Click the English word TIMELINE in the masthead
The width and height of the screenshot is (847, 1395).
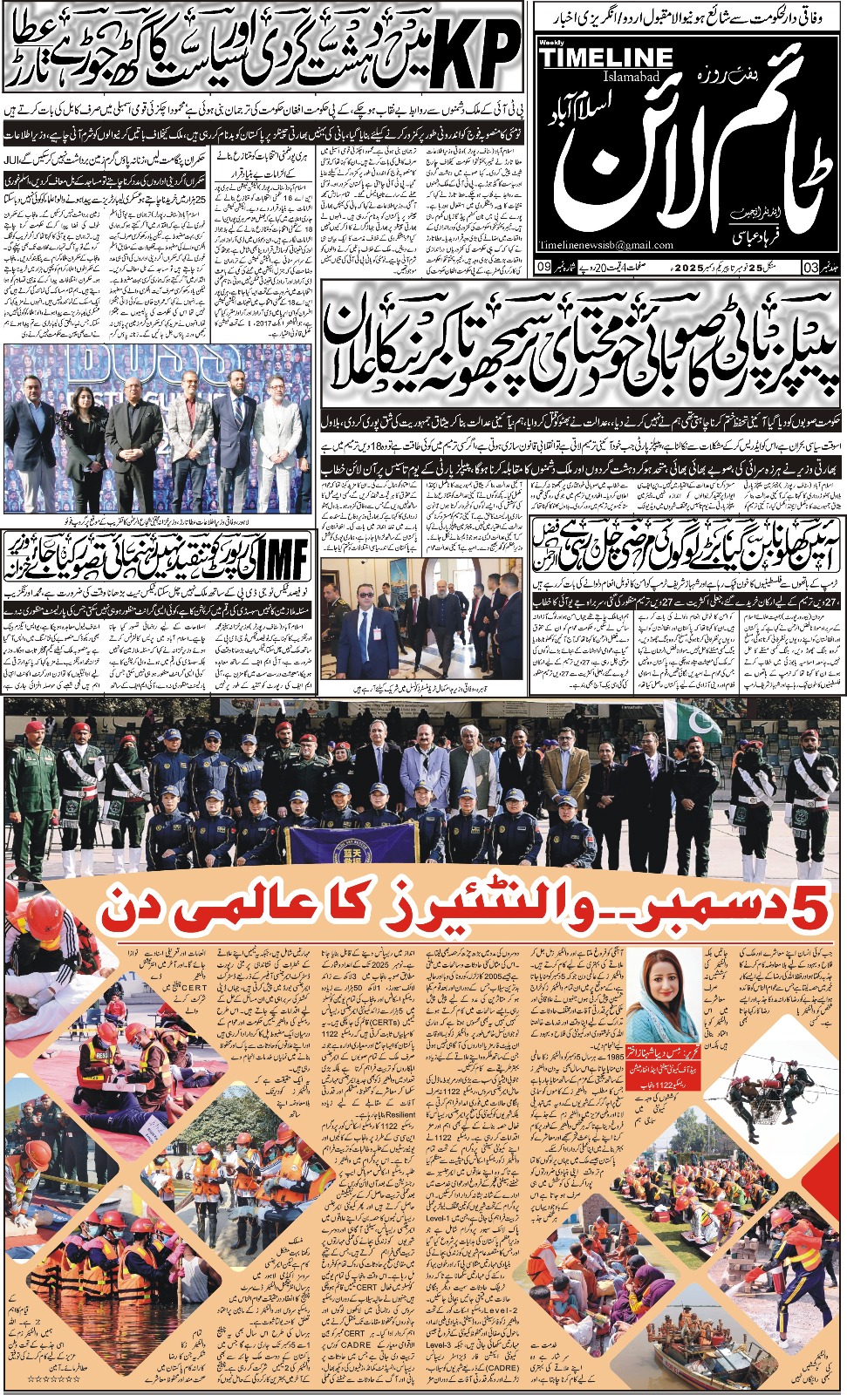606,59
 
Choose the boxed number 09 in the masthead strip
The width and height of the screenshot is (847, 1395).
543,266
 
